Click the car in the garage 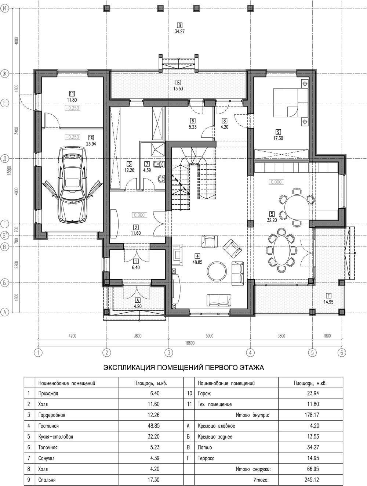(72, 184)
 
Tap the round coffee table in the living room (217, 271)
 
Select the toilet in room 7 (159, 164)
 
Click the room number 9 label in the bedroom (278, 132)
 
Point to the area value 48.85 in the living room (197, 262)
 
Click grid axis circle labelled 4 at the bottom (250, 353)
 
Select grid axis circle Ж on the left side (5, 73)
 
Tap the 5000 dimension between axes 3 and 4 (209, 336)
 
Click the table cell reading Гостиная (48, 425)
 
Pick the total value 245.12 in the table (312, 480)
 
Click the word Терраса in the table (206, 458)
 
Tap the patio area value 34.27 (179, 32)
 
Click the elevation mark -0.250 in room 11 (72, 108)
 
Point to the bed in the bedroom (291, 102)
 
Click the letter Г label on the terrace (329, 295)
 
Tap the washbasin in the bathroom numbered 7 (161, 179)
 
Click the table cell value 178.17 (312, 415)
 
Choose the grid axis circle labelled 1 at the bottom (38, 353)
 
